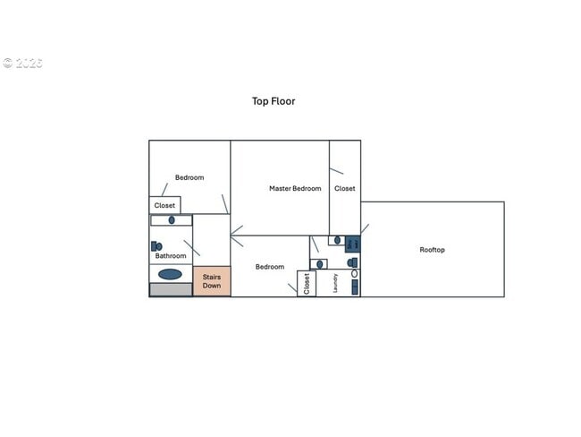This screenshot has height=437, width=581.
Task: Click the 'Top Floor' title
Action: [273, 101]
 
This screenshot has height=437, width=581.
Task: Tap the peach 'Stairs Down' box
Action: [212, 281]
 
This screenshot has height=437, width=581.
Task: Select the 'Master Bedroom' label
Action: [295, 188]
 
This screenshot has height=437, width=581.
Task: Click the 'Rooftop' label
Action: [432, 250]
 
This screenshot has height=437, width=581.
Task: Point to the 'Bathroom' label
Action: [171, 256]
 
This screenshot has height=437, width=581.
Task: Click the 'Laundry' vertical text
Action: [336, 283]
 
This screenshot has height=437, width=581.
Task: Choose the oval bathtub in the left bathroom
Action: [170, 274]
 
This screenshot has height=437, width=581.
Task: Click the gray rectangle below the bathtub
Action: [171, 289]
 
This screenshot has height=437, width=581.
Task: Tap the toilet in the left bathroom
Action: [156, 245]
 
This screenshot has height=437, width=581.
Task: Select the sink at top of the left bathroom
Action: [172, 219]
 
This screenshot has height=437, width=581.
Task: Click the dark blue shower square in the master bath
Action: [352, 244]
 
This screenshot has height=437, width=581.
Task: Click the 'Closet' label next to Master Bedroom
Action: [344, 189]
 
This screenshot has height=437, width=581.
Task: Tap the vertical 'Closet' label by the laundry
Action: [307, 284]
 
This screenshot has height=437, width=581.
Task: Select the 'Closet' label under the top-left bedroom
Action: [164, 206]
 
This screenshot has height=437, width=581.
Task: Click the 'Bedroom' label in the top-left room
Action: [189, 177]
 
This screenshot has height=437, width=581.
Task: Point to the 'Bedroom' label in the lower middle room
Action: [269, 267]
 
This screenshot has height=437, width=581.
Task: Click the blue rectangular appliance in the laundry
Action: [354, 287]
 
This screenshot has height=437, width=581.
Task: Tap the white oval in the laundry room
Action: [354, 273]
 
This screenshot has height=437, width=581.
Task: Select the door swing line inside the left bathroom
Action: [191, 248]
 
